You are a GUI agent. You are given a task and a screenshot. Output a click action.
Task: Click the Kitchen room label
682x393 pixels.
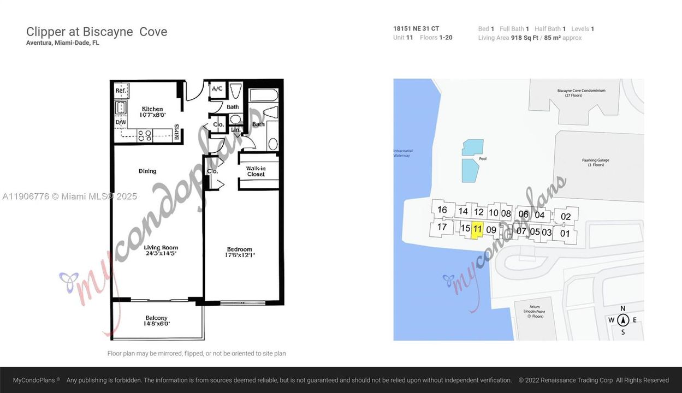[153, 109]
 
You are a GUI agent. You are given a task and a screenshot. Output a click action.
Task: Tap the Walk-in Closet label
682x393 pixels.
[256, 171]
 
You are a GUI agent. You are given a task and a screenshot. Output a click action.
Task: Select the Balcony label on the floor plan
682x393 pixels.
[157, 318]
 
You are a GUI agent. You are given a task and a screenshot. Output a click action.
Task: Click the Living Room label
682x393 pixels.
[161, 247]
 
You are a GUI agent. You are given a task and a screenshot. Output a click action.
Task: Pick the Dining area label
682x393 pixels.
[147, 171]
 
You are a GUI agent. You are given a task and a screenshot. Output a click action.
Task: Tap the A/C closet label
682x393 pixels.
[217, 88]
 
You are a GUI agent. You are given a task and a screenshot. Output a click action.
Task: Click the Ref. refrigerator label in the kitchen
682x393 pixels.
[121, 91]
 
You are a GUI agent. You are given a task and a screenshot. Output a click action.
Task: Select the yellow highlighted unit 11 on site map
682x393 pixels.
[477, 229]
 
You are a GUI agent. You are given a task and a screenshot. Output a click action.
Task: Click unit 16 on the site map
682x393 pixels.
[442, 210]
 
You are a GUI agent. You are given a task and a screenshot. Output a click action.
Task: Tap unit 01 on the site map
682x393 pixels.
[565, 234]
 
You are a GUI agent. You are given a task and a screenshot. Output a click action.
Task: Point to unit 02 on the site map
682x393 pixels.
[566, 216]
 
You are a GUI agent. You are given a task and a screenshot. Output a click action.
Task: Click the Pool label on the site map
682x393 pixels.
[483, 159]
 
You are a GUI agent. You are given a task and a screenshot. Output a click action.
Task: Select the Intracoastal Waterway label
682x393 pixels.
[401, 153]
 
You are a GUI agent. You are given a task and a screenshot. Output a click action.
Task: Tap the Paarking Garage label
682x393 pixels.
[595, 162]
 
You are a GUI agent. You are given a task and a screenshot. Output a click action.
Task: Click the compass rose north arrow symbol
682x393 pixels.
[623, 320]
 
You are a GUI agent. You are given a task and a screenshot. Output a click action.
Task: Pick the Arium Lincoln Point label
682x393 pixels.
[534, 312]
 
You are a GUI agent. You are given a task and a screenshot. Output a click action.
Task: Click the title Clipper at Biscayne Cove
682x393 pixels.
[97, 32]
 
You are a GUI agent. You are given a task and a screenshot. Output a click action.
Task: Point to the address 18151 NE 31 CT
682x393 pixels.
[416, 29]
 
